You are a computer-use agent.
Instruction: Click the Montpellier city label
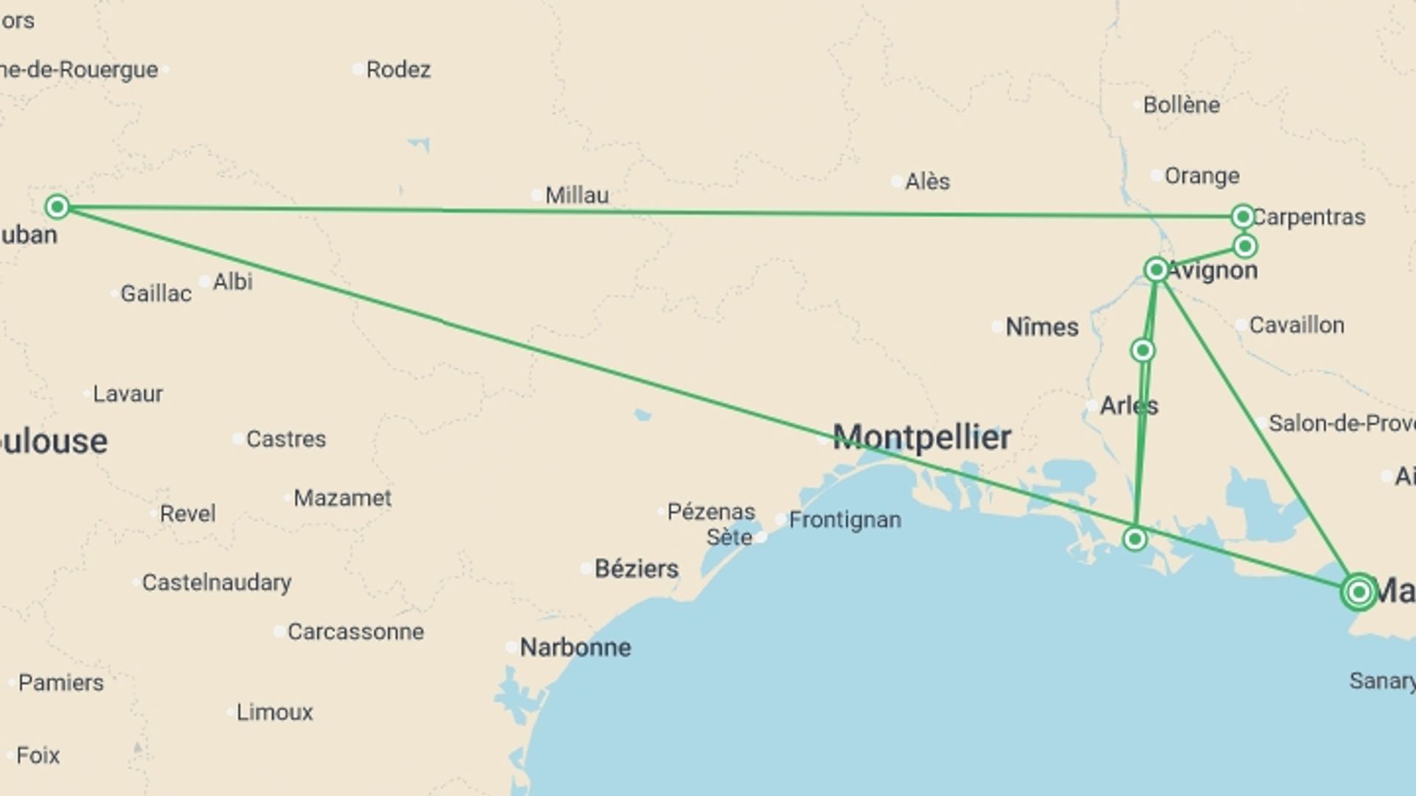[x=921, y=438]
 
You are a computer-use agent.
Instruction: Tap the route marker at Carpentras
[x=1243, y=217]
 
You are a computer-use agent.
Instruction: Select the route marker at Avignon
[x=1156, y=270]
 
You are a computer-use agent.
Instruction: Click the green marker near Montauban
[x=58, y=207]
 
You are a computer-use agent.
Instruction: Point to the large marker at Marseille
[x=1358, y=592]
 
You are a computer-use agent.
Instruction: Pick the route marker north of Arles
[x=1142, y=350]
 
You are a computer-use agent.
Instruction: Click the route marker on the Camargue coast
[x=1135, y=540]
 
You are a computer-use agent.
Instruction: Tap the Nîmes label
[x=1041, y=327]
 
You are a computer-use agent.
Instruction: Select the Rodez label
[x=398, y=69]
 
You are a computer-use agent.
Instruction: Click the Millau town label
[x=577, y=195]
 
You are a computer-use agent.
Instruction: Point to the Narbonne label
[x=575, y=648]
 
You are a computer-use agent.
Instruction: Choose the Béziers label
[x=636, y=569]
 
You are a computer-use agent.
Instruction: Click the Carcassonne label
[x=355, y=632]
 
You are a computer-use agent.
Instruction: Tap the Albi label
[x=232, y=282]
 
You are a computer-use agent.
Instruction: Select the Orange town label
[x=1201, y=176]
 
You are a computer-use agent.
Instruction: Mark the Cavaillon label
[x=1296, y=325]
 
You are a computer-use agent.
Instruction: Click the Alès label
[x=927, y=181]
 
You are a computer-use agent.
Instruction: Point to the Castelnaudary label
[x=216, y=582]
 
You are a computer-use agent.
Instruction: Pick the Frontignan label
[x=844, y=520]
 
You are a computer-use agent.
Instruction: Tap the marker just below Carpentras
[x=1245, y=246]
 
